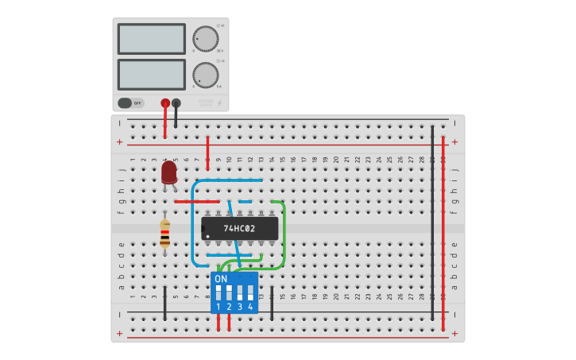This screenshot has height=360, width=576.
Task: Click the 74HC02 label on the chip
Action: tap(239, 229)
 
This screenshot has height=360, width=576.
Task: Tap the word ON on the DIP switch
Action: tap(221, 279)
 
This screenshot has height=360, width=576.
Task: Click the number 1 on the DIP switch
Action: tap(218, 306)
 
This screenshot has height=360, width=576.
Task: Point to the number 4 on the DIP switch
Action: tap(250, 306)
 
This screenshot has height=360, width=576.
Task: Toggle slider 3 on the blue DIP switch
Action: tap(240, 292)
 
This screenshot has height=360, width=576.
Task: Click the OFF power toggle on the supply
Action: tap(131, 103)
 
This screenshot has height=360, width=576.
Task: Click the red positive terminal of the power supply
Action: tap(165, 103)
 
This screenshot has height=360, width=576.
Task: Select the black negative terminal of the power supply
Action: tap(176, 103)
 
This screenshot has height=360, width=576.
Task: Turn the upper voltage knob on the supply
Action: tap(205, 38)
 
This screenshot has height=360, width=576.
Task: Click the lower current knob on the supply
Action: tap(205, 75)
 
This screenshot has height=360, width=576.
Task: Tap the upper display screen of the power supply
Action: tap(151, 38)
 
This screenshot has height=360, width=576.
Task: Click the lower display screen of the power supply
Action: tap(151, 75)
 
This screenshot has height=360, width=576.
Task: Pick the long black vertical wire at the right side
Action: tap(432, 223)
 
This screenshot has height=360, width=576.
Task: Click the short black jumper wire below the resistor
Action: tap(165, 304)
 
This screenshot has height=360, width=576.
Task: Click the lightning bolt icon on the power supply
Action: tap(220, 103)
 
